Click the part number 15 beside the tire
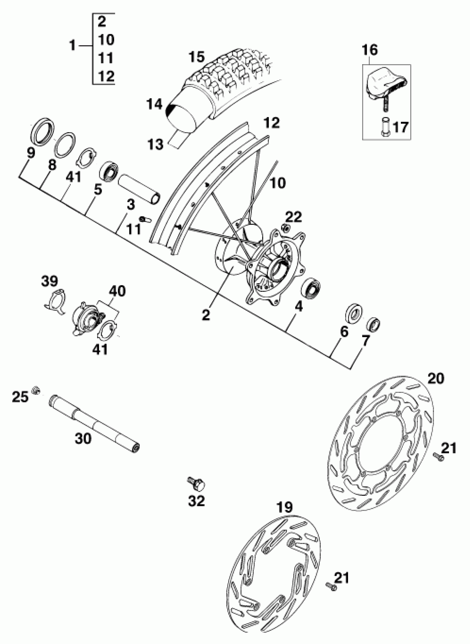coord(197,57)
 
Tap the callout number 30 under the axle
coord(83,438)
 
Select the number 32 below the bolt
coord(197,501)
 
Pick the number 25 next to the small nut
coord(20,397)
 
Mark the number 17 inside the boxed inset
coord(400,127)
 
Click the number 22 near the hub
coord(293,217)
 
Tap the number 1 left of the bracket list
coord(73,46)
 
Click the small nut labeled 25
coord(36,390)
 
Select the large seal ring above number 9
coord(41,129)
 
